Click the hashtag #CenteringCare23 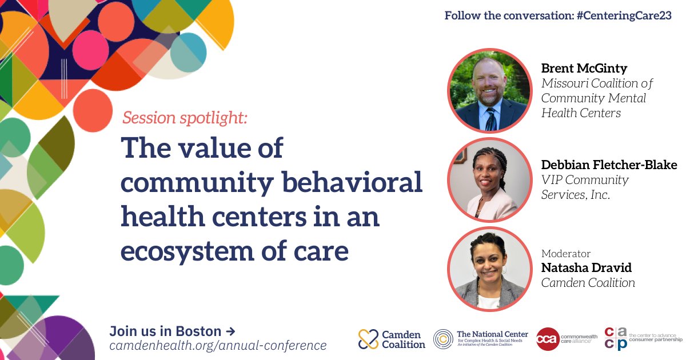624,15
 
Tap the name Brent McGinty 584,69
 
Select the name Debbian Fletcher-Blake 609,165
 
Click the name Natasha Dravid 586,268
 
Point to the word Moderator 565,254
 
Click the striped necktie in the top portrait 491,119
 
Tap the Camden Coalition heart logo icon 368,339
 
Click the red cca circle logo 548,339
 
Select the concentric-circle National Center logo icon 443,339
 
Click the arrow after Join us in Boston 230,331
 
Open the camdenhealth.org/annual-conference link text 218,346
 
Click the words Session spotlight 185,118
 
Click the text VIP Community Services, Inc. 585,187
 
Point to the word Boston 198,331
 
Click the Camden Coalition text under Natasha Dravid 588,283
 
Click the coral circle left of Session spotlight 93,111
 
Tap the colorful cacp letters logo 616,338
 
